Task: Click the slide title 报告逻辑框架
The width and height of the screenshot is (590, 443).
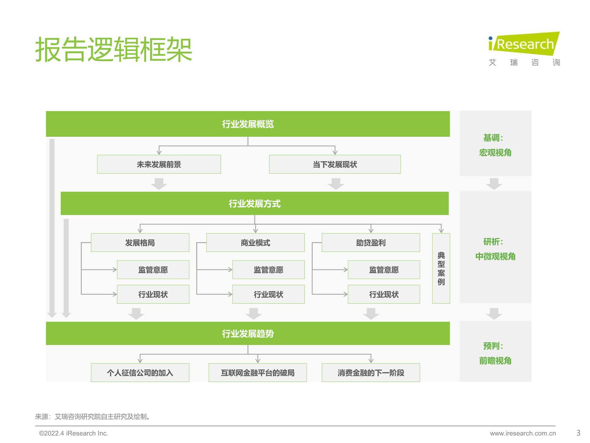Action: tap(114, 49)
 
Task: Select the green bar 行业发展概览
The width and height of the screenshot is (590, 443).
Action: tap(248, 124)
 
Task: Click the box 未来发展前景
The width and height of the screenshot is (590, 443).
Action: tap(159, 164)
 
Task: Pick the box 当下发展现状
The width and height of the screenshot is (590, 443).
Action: tap(335, 164)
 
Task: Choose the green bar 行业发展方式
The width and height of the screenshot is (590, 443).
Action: tap(255, 203)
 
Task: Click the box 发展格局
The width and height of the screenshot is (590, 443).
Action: tap(140, 242)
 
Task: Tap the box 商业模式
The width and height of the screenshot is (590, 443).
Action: tap(255, 242)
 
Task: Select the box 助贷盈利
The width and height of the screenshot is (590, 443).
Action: tap(371, 242)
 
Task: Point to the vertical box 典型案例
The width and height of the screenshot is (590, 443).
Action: tap(441, 268)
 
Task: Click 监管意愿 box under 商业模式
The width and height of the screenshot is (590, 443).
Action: tap(268, 270)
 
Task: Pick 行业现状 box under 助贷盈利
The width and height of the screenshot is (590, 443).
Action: tap(384, 294)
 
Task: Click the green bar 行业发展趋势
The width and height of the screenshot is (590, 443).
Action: tap(248, 333)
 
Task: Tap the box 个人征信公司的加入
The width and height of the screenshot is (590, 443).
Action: tap(140, 372)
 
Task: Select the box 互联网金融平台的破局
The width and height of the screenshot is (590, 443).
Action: tap(258, 372)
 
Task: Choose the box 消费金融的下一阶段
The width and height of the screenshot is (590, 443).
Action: tap(371, 372)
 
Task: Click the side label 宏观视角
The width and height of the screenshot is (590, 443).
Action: tap(495, 153)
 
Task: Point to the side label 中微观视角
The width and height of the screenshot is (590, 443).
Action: tap(495, 256)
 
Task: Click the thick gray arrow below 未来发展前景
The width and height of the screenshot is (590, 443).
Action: tap(159, 184)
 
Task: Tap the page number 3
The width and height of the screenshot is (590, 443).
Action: tap(578, 433)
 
